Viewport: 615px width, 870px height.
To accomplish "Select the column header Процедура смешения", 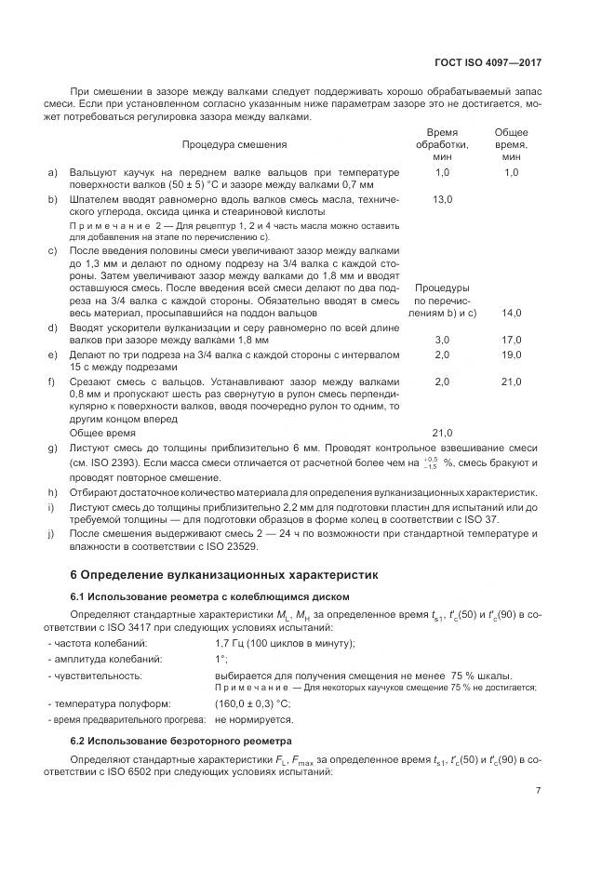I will tap(234, 145).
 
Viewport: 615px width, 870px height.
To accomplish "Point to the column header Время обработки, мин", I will tap(442, 145).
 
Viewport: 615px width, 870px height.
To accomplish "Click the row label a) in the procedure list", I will tap(52, 173).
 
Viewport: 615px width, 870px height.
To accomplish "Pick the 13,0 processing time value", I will tap(442, 200).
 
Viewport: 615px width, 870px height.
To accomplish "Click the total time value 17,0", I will tap(512, 341).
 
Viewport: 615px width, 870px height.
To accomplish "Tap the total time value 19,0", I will tap(512, 355).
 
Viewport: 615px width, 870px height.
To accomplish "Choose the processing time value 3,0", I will tap(442, 341).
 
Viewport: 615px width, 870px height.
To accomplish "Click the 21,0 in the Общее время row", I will tap(442, 433).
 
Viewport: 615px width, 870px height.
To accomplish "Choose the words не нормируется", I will tap(254, 719).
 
